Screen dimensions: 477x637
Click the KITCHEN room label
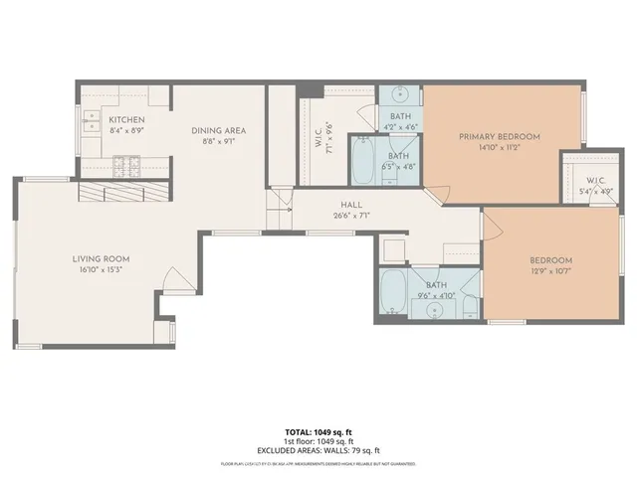[x=127, y=119]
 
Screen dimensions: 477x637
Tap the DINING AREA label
[x=219, y=130]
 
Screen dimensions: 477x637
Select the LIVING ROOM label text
[x=101, y=259]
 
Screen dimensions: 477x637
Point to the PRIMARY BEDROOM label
[x=499, y=136]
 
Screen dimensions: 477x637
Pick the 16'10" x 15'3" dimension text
[x=101, y=270]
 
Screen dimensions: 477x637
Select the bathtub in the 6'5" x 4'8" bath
[x=362, y=163]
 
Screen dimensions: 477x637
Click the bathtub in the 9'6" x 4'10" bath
[x=391, y=295]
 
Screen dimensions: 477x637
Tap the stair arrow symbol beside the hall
[x=282, y=201]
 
